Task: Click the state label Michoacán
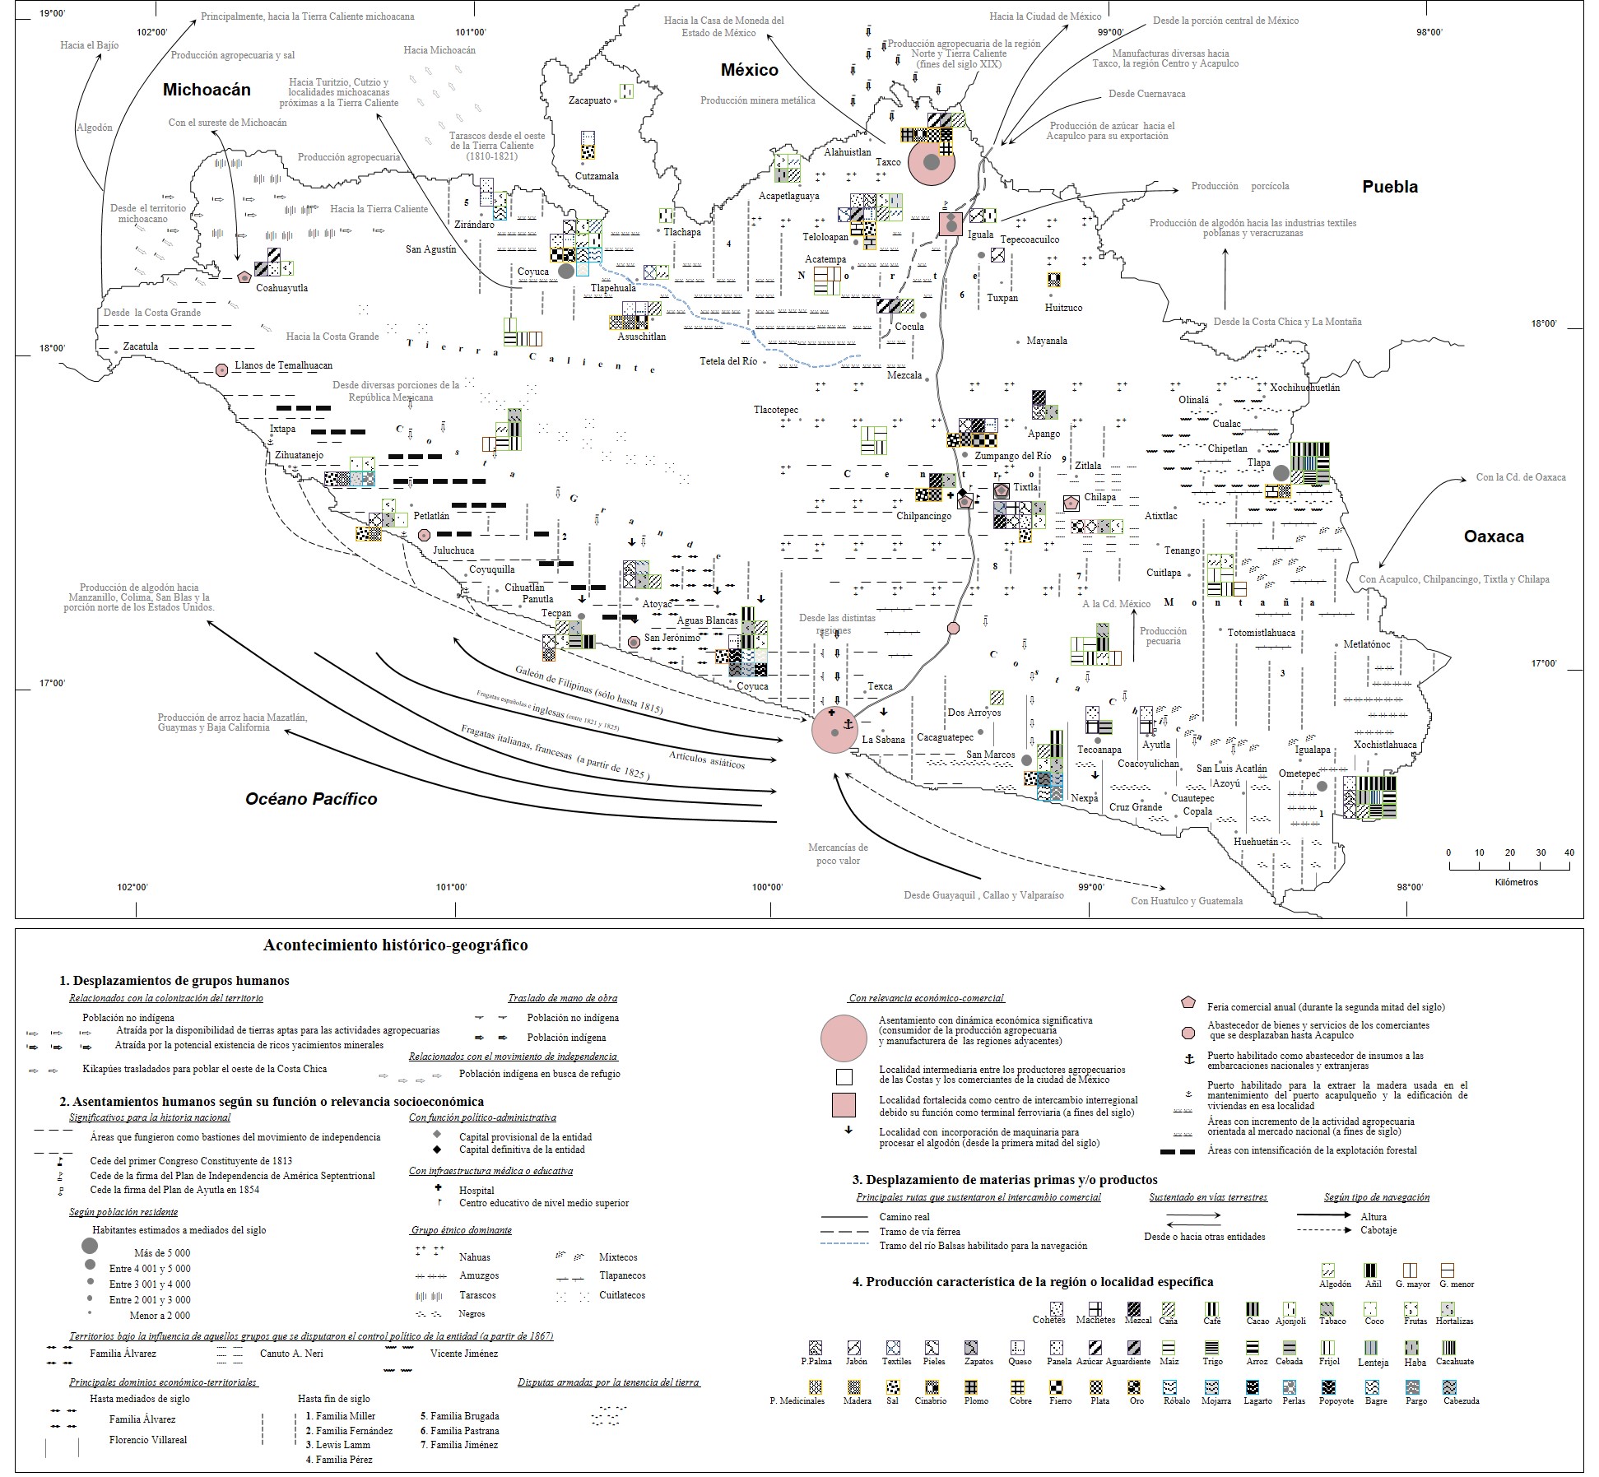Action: click(207, 90)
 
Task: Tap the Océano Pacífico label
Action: click(311, 798)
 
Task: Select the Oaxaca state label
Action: click(1494, 536)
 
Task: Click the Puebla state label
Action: click(1390, 187)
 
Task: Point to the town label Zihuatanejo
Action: click(299, 455)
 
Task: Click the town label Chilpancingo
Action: click(923, 516)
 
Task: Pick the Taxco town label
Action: click(888, 162)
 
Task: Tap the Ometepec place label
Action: click(1299, 773)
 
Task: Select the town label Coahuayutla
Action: click(282, 288)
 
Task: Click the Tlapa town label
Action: click(1258, 462)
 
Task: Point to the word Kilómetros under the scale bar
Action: click(1516, 882)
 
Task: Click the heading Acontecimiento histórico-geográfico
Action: click(395, 945)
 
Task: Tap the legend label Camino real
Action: click(904, 1216)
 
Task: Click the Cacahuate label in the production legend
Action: click(1454, 1361)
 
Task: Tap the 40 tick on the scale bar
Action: click(1569, 852)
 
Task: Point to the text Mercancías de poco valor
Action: click(838, 853)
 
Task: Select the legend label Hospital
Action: click(476, 1190)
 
